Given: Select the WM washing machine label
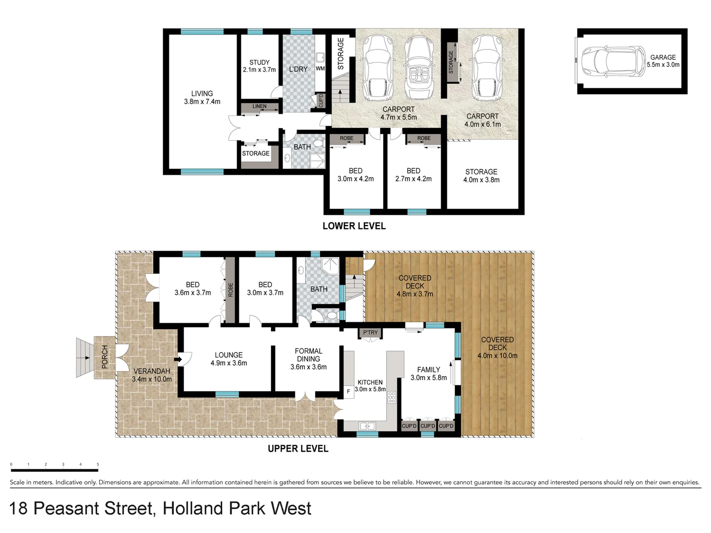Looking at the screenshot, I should click(320, 69).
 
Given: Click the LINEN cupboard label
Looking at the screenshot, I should click(259, 107).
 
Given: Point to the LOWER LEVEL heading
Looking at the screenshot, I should click(354, 226).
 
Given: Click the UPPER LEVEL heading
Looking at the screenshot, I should click(298, 449).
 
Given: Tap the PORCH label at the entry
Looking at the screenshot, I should click(105, 357).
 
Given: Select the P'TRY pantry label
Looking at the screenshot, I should click(370, 333).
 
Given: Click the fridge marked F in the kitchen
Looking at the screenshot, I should click(349, 391).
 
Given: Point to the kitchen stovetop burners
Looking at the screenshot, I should click(392, 398).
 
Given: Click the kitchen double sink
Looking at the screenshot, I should click(367, 425).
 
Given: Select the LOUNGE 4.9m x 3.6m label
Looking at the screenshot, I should click(229, 359).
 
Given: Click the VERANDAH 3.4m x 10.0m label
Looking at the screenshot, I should click(152, 375).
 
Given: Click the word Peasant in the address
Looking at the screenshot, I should click(93, 508).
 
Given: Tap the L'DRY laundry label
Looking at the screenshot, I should click(298, 69).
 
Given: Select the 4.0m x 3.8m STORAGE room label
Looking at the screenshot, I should click(481, 176).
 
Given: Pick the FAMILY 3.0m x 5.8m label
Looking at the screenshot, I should click(429, 374).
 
